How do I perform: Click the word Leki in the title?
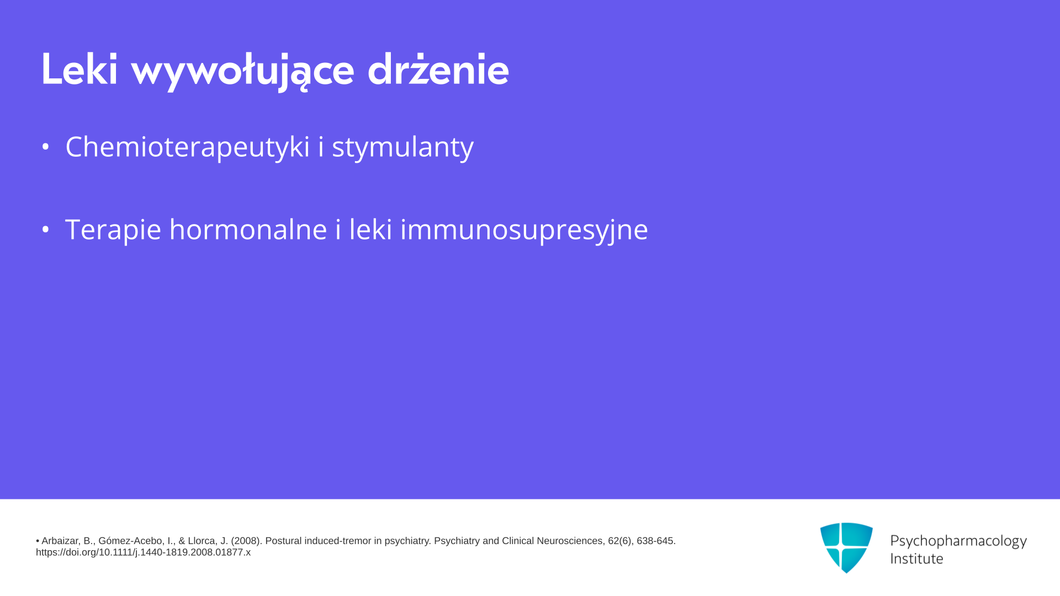(x=79, y=70)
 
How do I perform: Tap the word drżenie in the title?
(x=438, y=70)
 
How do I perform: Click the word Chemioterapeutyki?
(x=188, y=147)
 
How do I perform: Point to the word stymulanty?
(x=402, y=147)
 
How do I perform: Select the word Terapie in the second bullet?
(x=113, y=230)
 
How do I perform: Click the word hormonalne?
(x=248, y=228)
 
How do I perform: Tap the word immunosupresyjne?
(x=524, y=230)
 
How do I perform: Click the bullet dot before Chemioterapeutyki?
(x=46, y=147)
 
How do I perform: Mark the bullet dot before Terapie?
(x=46, y=229)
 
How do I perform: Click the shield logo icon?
(x=846, y=547)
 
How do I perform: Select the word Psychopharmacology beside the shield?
(x=958, y=541)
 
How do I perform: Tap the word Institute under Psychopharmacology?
(x=917, y=558)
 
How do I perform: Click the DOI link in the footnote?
(x=144, y=552)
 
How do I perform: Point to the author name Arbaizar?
(x=61, y=541)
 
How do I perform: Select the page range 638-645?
(x=656, y=541)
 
